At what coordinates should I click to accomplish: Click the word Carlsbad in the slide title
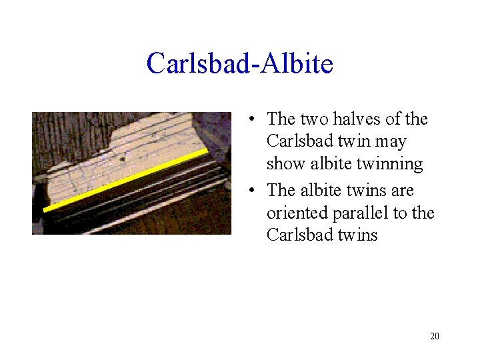[197, 64]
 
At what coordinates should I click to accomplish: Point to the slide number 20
[435, 336]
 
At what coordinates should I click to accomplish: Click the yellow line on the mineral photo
[127, 180]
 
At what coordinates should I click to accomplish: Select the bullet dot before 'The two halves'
[250, 121]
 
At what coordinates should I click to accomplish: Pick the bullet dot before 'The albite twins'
[250, 192]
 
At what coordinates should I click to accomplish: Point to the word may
[391, 142]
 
